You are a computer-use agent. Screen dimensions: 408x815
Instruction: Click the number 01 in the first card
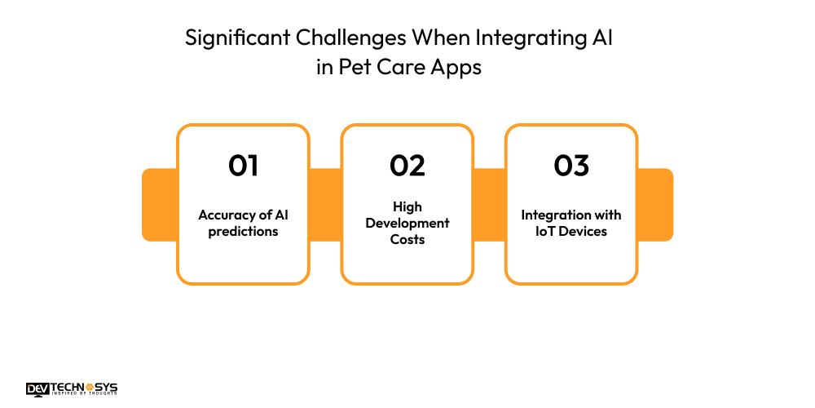(x=243, y=166)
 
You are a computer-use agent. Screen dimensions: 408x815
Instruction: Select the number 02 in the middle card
(x=407, y=166)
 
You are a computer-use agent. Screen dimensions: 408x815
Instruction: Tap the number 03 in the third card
(x=571, y=166)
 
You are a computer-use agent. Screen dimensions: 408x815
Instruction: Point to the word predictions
(x=243, y=232)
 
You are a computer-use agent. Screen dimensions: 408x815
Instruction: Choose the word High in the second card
(x=407, y=207)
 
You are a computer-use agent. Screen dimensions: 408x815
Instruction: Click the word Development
(x=407, y=224)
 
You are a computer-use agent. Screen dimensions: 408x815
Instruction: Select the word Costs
(x=407, y=240)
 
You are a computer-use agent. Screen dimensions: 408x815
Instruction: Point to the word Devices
(x=583, y=232)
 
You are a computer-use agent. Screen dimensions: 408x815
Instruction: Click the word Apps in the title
(x=458, y=68)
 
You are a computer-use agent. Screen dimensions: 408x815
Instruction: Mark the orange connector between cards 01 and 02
(x=325, y=205)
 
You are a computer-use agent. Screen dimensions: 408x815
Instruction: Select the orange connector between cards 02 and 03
(x=489, y=205)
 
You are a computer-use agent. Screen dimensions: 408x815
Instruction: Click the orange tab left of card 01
(x=159, y=205)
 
